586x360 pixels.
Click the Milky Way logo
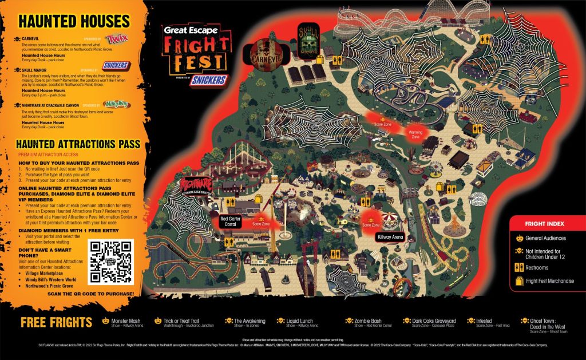pyautogui.click(x=117, y=104)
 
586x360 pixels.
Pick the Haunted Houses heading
pyautogui.click(x=74, y=22)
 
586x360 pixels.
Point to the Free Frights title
pyautogui.click(x=56, y=322)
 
